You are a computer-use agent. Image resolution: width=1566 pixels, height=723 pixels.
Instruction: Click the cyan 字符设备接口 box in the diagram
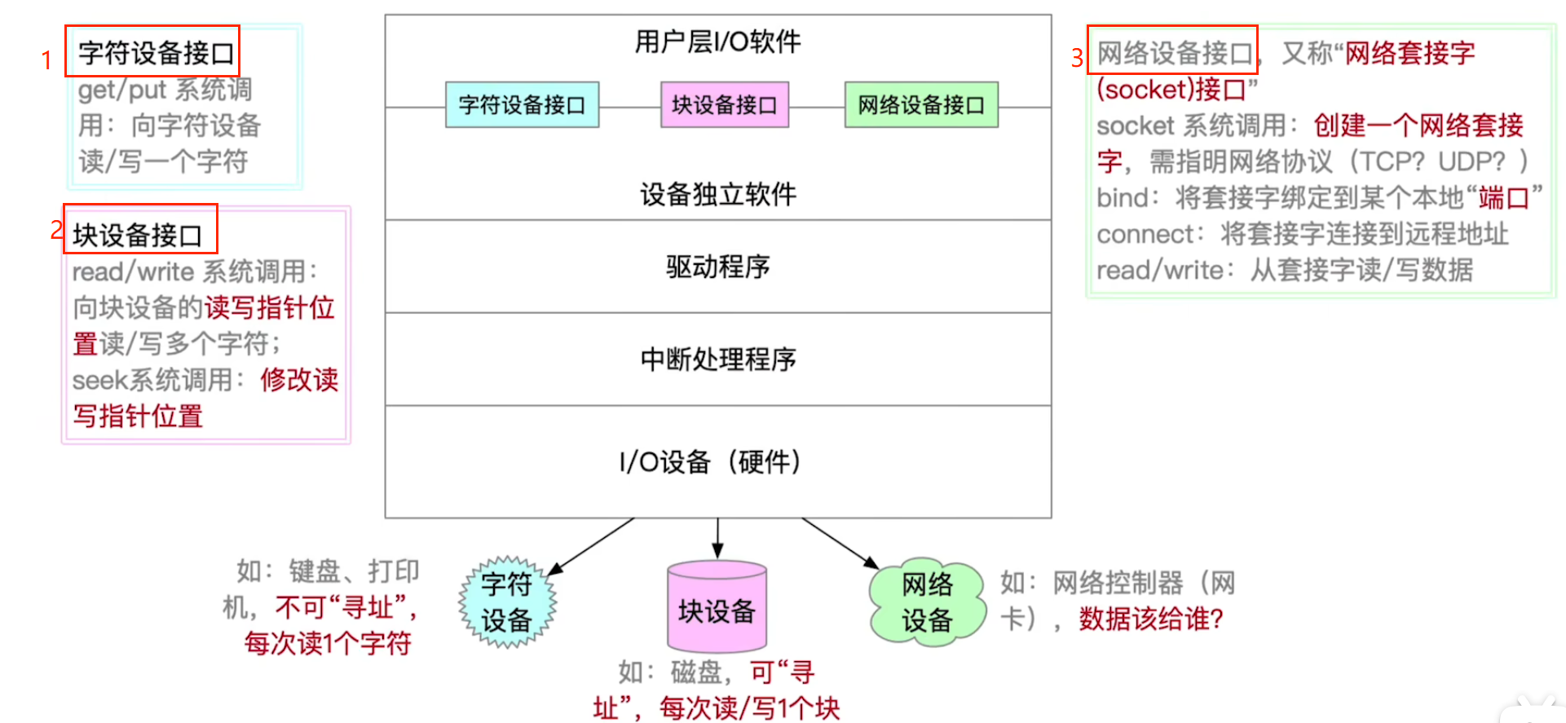click(x=522, y=105)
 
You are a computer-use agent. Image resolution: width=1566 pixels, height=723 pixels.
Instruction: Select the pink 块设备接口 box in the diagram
click(x=724, y=105)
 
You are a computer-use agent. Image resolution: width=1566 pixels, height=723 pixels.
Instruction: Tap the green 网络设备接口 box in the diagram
click(x=921, y=105)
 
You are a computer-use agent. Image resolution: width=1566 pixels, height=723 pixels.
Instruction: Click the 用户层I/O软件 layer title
click(x=717, y=42)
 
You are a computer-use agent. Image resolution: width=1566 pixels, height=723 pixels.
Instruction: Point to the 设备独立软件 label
click(x=717, y=194)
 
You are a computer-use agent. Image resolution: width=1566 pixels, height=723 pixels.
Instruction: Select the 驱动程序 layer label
click(x=717, y=267)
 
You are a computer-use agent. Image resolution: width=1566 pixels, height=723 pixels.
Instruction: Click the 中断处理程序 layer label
click(x=717, y=359)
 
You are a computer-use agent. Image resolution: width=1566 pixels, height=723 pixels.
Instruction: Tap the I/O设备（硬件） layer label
click(x=711, y=462)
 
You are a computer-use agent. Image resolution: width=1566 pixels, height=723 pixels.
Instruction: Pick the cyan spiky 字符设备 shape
click(x=507, y=602)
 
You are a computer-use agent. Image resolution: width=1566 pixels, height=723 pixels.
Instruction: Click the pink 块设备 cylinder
click(x=717, y=607)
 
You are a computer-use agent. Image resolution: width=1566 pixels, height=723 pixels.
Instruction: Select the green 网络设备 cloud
click(x=927, y=602)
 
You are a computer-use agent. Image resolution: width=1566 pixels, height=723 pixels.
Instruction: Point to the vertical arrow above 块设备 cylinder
click(x=717, y=538)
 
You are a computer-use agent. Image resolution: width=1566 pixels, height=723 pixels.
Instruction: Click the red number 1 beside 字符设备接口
click(x=47, y=60)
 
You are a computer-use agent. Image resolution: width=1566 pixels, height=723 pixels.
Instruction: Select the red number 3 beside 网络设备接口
click(x=1077, y=58)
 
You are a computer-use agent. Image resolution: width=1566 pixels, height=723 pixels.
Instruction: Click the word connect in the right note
click(x=1145, y=235)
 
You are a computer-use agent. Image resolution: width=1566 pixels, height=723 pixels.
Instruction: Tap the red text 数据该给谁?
click(x=1151, y=619)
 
